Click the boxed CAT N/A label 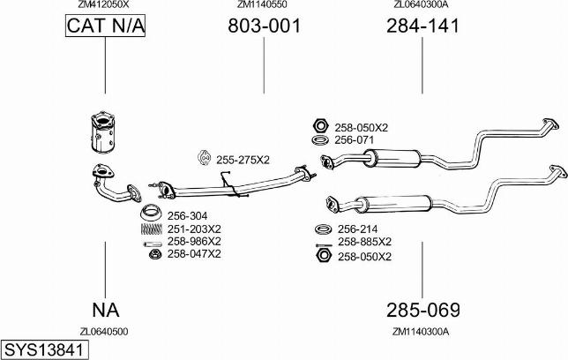click(x=105, y=27)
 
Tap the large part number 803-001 click(x=264, y=26)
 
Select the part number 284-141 click(x=422, y=26)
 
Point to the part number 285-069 click(x=422, y=311)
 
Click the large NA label click(x=105, y=311)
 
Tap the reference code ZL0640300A click(x=421, y=4)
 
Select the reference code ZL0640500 click(x=104, y=332)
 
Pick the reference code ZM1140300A click(x=421, y=332)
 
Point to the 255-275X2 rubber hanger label click(x=243, y=159)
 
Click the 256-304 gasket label click(x=186, y=215)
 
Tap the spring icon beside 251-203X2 click(x=152, y=229)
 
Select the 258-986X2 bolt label click(x=193, y=241)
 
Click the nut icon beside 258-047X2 click(x=153, y=254)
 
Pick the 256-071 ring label click(x=354, y=140)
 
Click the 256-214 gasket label click(x=356, y=229)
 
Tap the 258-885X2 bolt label click(x=363, y=241)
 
